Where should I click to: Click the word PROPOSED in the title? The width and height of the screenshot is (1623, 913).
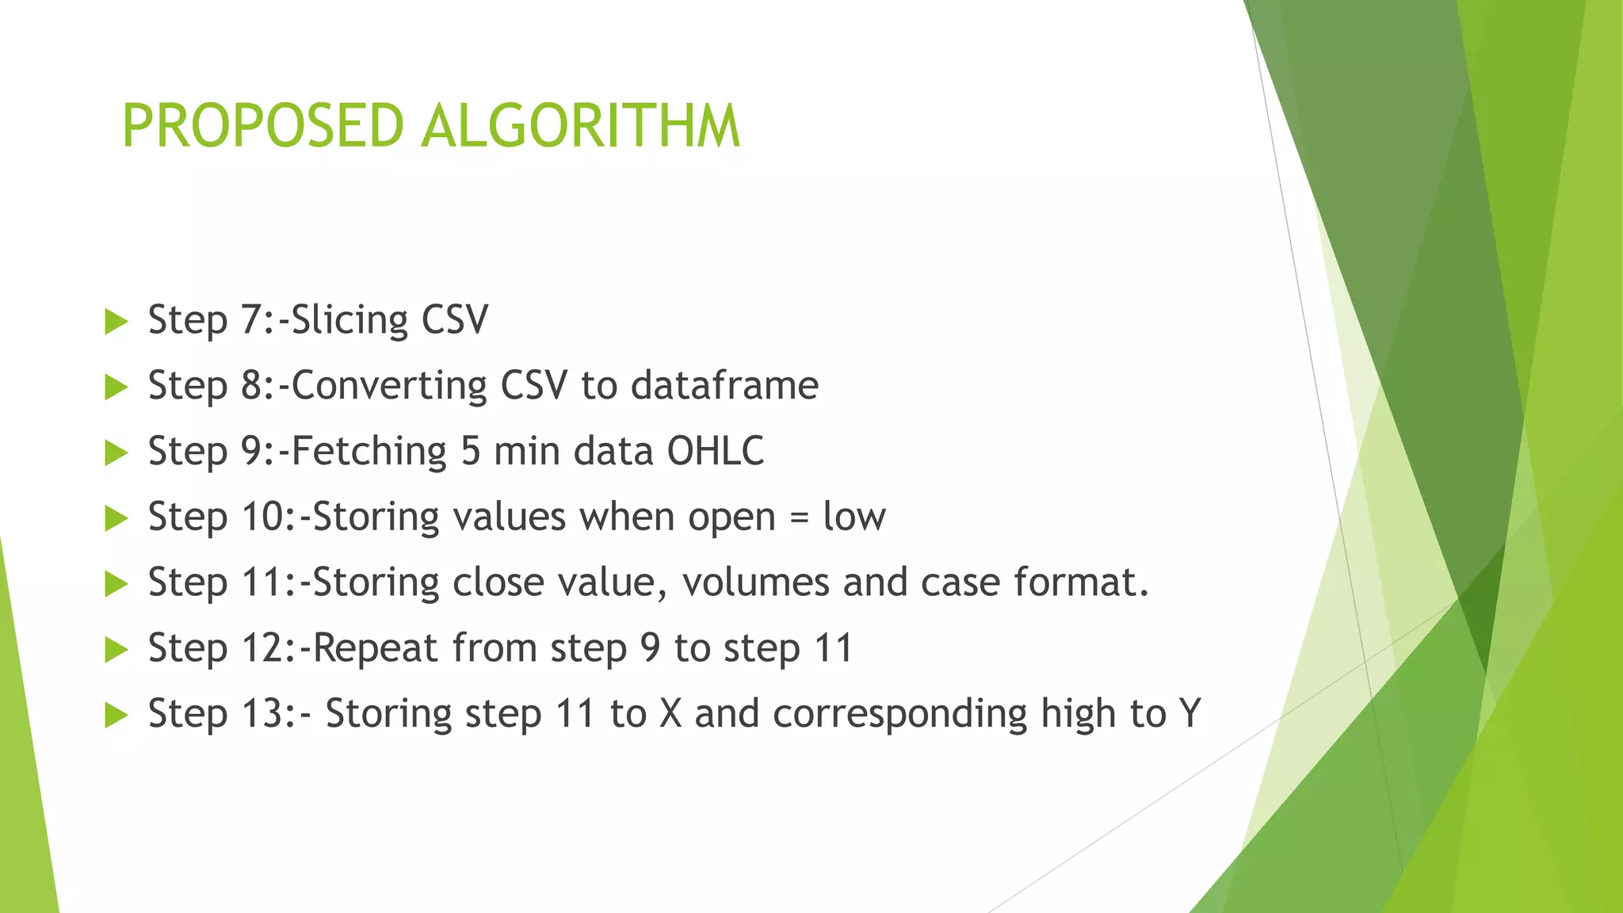262,126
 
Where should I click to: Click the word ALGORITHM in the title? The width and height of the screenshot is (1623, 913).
581,126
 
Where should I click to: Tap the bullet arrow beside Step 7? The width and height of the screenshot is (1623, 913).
116,322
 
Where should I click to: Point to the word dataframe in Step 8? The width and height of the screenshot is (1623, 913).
724,386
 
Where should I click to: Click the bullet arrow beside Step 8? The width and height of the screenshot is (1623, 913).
116,388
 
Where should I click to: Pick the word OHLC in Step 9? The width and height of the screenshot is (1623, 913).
716,451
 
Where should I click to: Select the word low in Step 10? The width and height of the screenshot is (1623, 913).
854,517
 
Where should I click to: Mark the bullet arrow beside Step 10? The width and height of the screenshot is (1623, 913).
116,519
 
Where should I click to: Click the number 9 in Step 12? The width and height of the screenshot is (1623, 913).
650,648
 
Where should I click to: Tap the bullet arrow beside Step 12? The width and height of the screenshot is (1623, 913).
116,651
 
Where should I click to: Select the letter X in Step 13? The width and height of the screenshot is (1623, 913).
670,713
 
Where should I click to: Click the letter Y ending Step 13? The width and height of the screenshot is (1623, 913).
1190,713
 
